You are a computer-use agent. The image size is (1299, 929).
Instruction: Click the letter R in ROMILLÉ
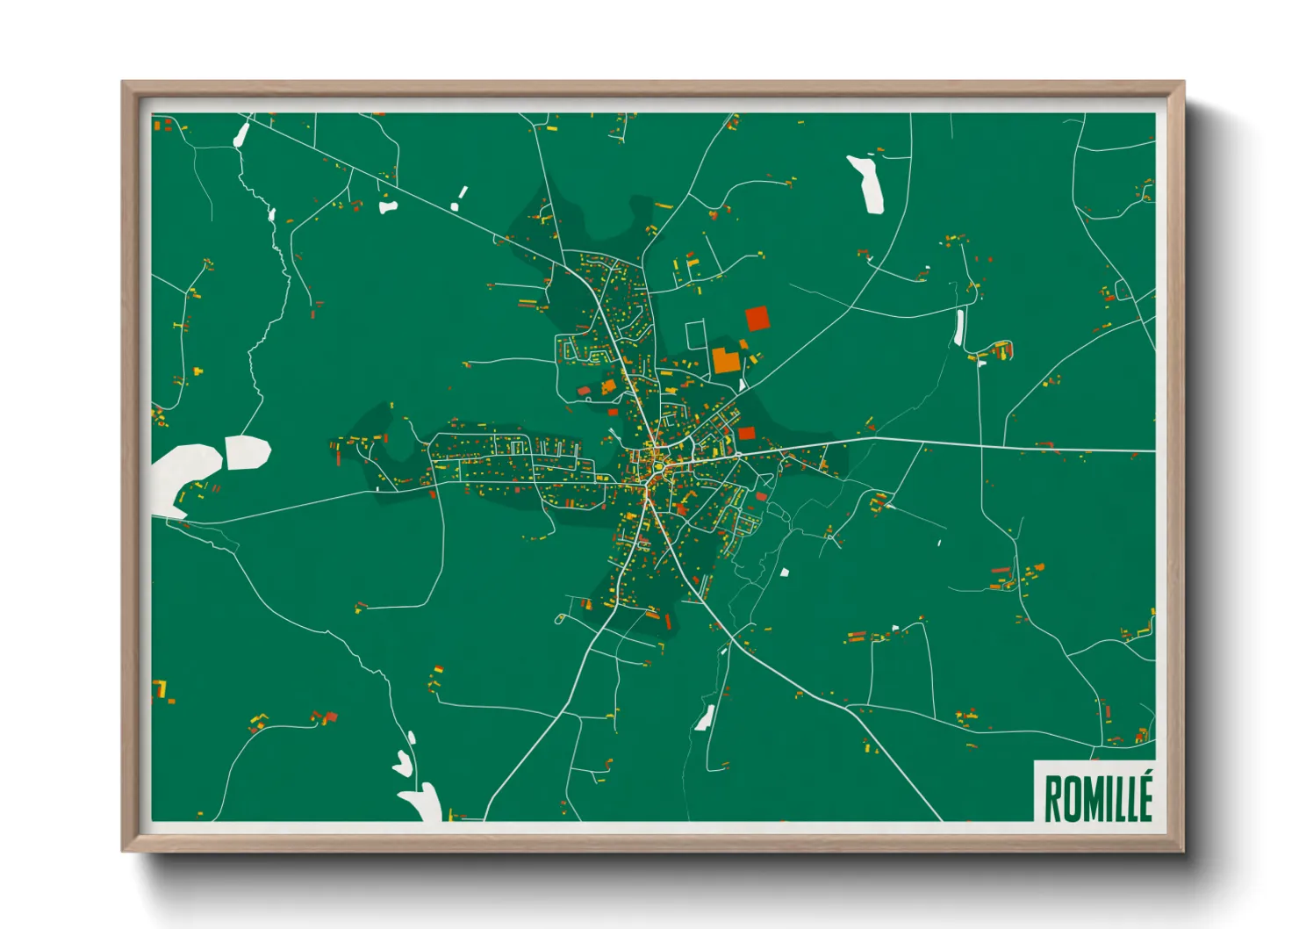(x=1053, y=799)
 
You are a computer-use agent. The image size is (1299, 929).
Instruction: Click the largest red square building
(x=757, y=318)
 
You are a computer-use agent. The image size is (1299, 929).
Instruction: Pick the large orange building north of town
(x=725, y=360)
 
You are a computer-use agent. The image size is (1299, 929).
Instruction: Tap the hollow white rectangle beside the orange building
(x=695, y=335)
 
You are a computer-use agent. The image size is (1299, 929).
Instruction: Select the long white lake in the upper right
(x=867, y=184)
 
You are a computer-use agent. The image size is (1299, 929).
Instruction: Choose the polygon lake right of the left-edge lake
(x=248, y=451)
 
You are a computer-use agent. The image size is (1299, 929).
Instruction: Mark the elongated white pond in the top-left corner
(x=241, y=134)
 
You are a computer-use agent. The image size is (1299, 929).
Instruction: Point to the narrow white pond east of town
(x=959, y=327)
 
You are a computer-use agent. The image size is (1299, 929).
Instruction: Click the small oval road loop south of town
(x=560, y=619)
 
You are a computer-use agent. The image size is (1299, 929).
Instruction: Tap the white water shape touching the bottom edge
(x=423, y=802)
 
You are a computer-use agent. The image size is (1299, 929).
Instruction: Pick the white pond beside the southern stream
(x=704, y=718)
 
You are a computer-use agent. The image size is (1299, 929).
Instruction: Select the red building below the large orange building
(x=746, y=433)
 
